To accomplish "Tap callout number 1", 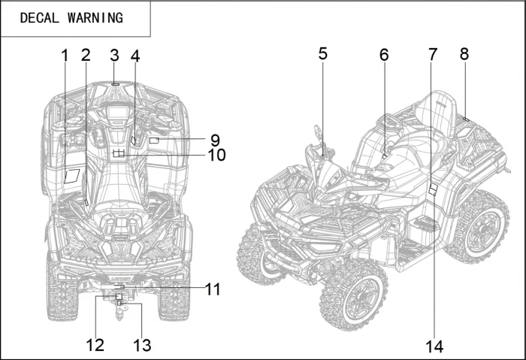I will (x=65, y=55).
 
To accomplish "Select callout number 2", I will (x=86, y=55).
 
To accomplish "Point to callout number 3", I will (x=114, y=55).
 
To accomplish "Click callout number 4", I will (x=135, y=55).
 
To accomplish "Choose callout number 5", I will (x=322, y=53).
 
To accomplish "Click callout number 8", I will (x=464, y=54).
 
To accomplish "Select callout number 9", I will (x=214, y=140).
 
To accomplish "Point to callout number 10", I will (x=216, y=156).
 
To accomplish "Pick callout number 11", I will (x=213, y=289).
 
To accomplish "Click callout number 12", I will (x=95, y=345).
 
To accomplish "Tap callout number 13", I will (x=142, y=345).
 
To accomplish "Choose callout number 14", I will (x=435, y=346).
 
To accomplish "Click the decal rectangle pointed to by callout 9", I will (x=154, y=141).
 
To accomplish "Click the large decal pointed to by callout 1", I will (x=73, y=177).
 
